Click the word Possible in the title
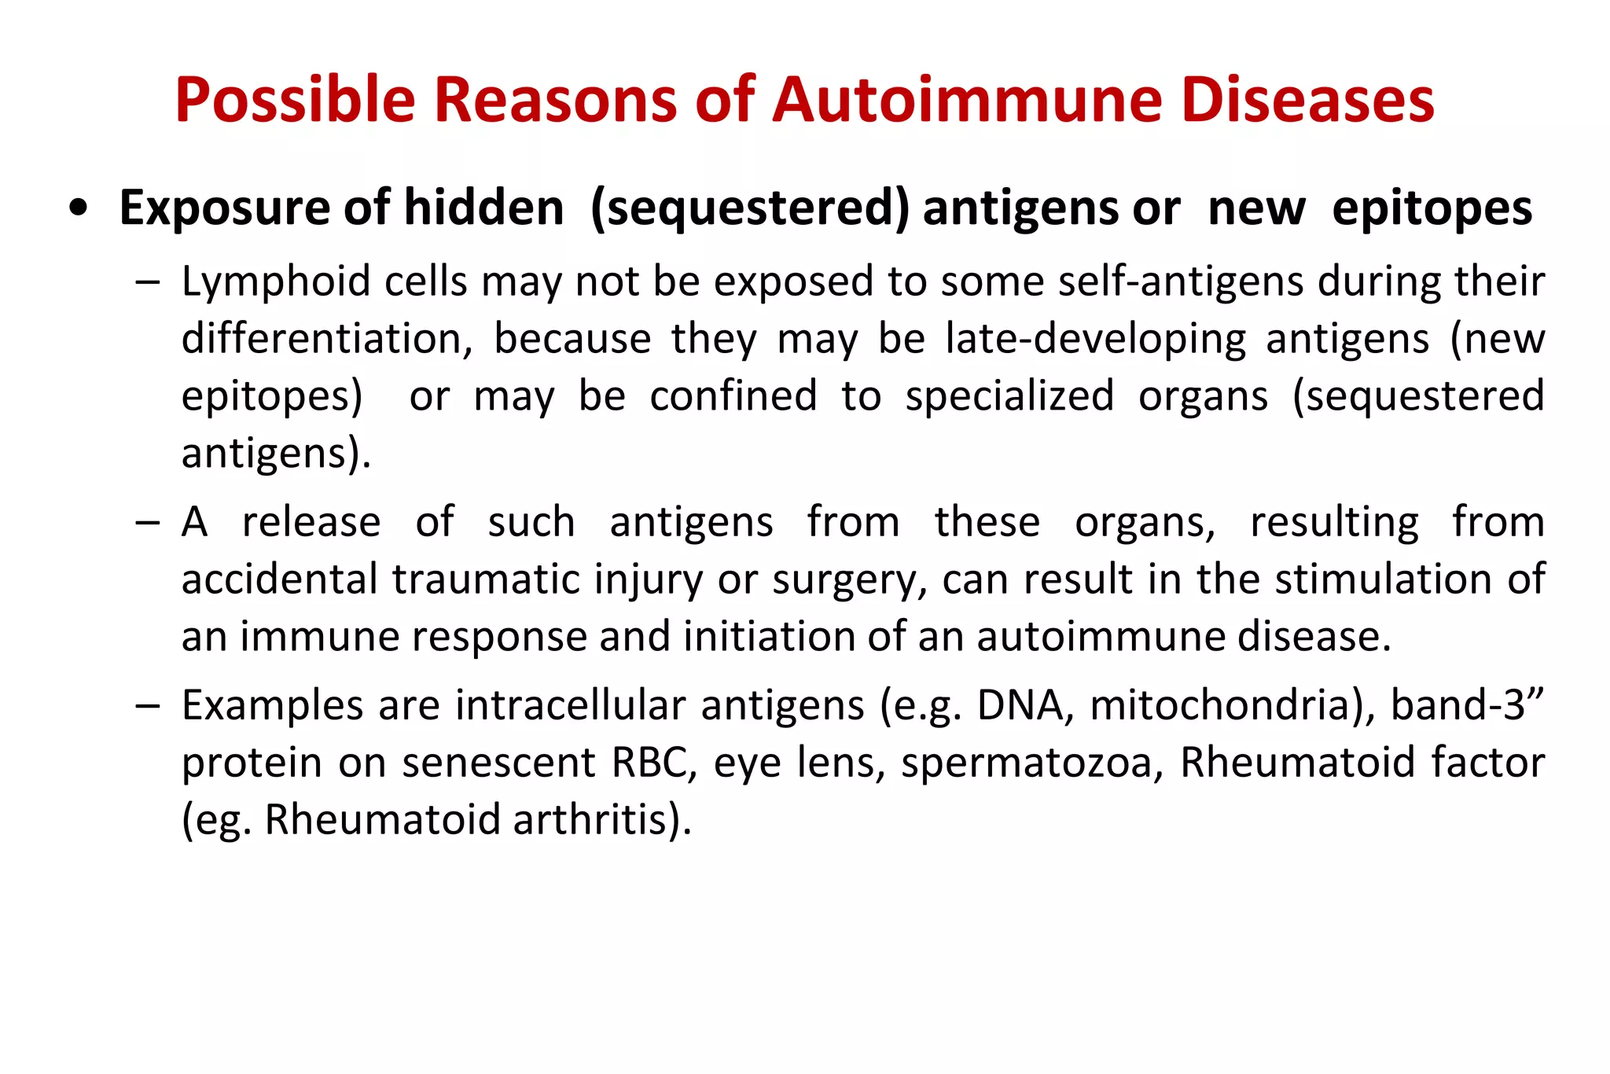pos(294,101)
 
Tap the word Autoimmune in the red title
pos(966,101)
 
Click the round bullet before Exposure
pos(78,209)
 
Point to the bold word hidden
pos(483,208)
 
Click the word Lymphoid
pos(276,282)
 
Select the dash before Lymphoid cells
pos(146,281)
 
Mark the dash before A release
pos(146,523)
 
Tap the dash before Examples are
pos(146,705)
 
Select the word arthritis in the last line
pos(601,820)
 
